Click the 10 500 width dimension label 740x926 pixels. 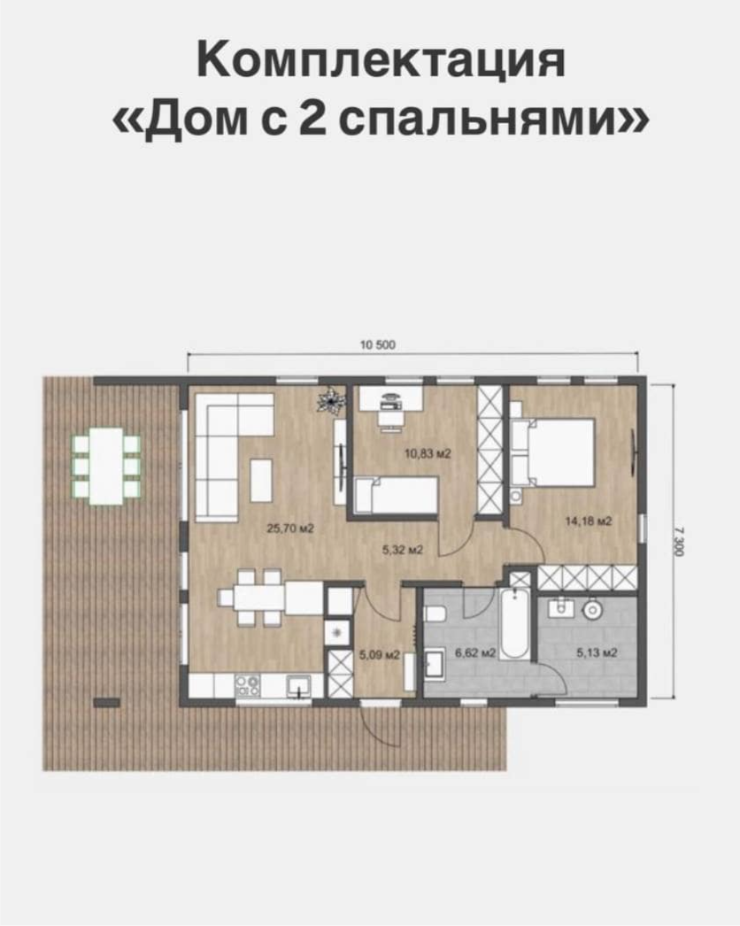coord(377,345)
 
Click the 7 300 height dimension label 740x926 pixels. coord(677,542)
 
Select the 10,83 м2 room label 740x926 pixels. coord(428,453)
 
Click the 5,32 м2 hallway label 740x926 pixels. coord(403,550)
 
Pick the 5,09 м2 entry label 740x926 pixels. coord(380,655)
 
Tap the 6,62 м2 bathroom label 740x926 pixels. coord(475,652)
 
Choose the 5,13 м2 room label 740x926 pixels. coord(597,652)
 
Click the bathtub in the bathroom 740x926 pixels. coord(515,623)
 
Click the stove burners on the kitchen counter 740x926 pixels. coord(247,685)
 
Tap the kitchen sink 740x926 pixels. coord(299,685)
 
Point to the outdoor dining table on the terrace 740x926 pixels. coord(106,466)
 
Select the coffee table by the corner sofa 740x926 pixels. coord(262,481)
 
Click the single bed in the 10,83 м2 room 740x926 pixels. coord(397,495)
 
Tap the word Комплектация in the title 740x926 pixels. coord(381,59)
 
